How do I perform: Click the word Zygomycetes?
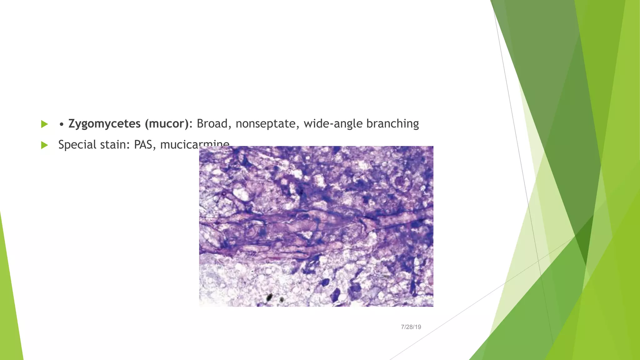coord(104,124)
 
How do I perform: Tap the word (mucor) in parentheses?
coord(166,124)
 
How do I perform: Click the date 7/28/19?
coord(411,327)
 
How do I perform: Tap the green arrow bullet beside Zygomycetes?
coord(44,124)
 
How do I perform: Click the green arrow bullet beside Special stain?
coord(44,145)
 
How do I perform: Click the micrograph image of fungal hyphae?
coord(316,226)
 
